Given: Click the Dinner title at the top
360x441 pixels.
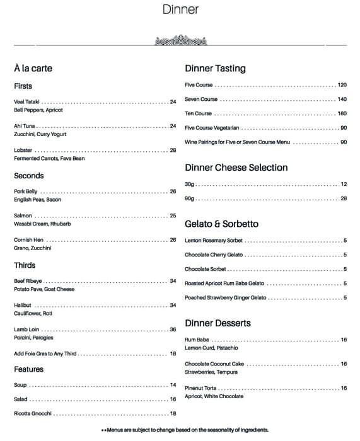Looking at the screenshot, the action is click(180, 9).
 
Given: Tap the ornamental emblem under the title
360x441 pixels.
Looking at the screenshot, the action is click(180, 42).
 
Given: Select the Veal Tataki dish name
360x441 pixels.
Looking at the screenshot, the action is click(26, 102).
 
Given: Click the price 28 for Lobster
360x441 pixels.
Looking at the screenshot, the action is click(173, 151).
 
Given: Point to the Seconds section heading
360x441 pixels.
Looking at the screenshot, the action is click(29, 176).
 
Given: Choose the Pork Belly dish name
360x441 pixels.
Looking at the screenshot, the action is click(26, 192).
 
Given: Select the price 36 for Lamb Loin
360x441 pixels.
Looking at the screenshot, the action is click(173, 329).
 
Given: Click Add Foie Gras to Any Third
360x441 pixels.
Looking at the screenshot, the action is click(45, 354).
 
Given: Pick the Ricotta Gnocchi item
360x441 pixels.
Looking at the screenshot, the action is click(33, 414).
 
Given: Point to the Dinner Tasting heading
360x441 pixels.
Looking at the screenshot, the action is click(215, 69).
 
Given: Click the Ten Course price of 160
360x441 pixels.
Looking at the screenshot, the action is click(342, 114).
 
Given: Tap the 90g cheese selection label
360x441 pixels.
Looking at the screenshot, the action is click(190, 198).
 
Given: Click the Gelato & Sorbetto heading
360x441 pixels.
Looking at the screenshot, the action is click(221, 224).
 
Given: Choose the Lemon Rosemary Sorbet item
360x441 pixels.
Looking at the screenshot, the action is click(214, 241).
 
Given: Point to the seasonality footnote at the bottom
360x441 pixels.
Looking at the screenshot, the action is click(185, 430).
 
